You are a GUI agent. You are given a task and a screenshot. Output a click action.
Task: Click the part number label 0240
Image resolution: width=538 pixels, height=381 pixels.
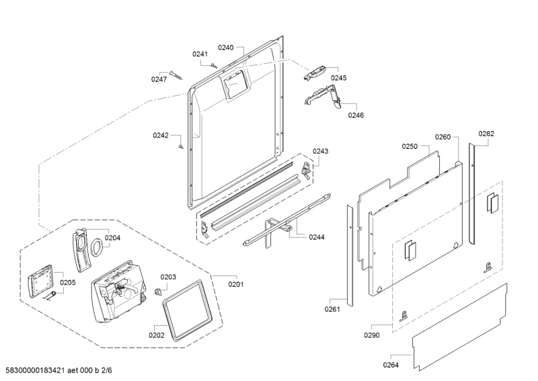225,48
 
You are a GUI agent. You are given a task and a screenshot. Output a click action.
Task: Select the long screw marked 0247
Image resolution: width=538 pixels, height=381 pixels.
176,75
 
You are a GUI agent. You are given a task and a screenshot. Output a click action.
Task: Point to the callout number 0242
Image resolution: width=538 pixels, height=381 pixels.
161,135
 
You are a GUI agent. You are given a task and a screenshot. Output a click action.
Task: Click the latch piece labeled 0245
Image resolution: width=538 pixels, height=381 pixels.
314,73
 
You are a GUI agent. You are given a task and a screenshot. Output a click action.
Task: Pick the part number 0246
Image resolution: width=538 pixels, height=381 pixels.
356,115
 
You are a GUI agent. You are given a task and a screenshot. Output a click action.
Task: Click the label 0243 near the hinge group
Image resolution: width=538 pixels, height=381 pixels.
320,151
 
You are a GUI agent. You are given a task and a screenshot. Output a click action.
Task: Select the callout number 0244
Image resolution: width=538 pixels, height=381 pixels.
317,237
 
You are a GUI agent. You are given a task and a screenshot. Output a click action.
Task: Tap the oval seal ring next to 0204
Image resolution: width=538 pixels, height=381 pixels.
97,247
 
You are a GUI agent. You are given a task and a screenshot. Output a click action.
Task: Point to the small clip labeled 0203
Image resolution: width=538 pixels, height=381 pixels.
158,291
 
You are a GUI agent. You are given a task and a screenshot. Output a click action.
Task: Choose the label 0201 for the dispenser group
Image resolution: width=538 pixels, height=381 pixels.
236,284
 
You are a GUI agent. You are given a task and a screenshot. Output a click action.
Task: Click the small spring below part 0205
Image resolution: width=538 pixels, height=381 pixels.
50,296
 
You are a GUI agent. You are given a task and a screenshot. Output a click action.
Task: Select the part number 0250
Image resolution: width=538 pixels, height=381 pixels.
410,146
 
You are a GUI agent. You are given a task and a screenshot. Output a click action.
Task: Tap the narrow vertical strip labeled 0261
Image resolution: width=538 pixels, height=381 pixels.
350,256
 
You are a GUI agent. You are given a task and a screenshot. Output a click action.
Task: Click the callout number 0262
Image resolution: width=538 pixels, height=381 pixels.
486,134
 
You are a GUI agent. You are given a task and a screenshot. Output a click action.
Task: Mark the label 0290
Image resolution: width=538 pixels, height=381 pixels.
372,335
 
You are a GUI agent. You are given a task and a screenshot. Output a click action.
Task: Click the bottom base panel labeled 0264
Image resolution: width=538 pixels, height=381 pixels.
460,326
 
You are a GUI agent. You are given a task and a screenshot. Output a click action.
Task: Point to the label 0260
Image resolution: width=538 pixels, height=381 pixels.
443,137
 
